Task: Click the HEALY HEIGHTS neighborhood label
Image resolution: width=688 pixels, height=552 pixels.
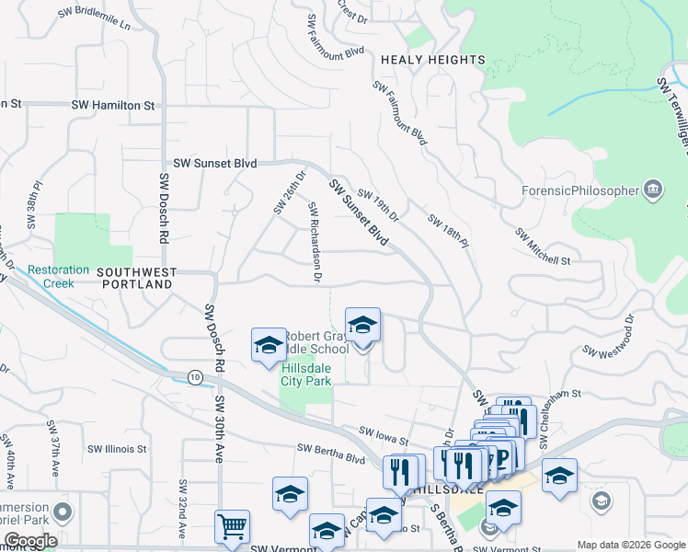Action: coord(432,60)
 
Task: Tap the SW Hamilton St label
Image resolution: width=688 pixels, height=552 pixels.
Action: coord(112,106)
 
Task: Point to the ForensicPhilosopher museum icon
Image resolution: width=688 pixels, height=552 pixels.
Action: coord(653,190)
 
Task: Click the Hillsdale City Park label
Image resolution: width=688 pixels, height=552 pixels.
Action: coord(305,374)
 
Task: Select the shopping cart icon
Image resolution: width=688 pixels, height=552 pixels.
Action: coord(232,527)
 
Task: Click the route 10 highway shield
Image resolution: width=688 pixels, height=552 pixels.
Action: coord(195,376)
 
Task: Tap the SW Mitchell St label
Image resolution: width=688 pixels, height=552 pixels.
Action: coord(544,247)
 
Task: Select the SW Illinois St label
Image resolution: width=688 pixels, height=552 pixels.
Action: coord(117,449)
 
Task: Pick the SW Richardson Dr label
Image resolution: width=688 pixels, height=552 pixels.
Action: coord(314,241)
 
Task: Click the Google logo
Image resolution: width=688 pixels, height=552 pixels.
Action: coord(30,541)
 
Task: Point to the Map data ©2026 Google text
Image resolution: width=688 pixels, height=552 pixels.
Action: coord(630,545)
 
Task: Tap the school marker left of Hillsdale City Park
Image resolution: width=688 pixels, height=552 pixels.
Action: coord(269,346)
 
